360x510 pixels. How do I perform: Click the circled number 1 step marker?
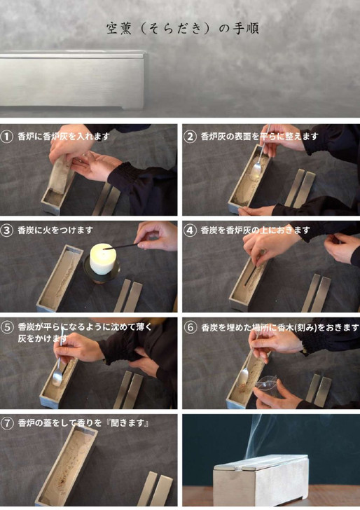tap(6, 137)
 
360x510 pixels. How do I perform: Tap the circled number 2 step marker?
tap(190, 137)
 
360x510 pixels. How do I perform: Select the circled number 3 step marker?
tap(6, 230)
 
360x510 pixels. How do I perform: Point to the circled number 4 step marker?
tap(190, 230)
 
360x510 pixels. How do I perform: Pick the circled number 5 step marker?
tap(7, 327)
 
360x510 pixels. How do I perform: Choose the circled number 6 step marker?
tap(191, 327)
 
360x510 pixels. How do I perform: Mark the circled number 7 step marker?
tap(7, 423)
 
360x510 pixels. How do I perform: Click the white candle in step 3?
tap(103, 259)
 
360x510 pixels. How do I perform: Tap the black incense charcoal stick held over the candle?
tap(120, 247)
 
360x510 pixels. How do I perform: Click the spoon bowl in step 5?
tap(57, 378)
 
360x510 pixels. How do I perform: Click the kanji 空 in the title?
tap(113, 29)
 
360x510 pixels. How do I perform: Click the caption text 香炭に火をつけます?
tap(55, 230)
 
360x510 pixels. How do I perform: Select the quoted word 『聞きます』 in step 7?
tap(129, 423)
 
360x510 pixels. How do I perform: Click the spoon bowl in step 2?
tap(257, 169)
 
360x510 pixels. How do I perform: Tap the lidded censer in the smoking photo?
tap(261, 479)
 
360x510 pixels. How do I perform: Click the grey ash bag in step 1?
tap(60, 176)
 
